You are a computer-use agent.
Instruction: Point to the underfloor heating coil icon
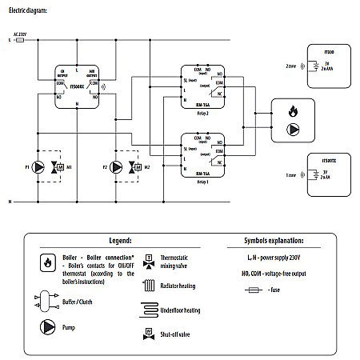pos(150,309)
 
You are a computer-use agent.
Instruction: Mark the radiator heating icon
pos(149,285)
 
